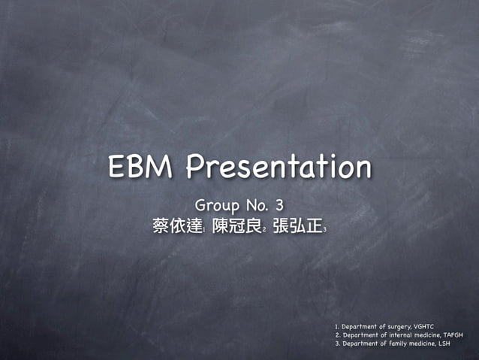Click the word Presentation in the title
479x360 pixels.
click(279, 167)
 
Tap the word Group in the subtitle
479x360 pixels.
click(216, 204)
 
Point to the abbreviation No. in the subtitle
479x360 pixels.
click(254, 204)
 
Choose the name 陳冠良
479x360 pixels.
click(236, 226)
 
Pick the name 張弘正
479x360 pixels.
click(297, 226)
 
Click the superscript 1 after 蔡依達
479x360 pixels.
click(205, 229)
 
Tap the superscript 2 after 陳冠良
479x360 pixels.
click(264, 229)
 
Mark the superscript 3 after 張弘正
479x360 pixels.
click(324, 229)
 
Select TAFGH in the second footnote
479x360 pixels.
click(453, 335)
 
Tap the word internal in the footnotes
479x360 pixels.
click(396, 335)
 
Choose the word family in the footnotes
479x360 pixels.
click(394, 344)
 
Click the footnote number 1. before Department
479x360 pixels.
click(337, 326)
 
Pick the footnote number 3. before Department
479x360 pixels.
click(337, 344)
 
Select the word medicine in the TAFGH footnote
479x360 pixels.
click(425, 335)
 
